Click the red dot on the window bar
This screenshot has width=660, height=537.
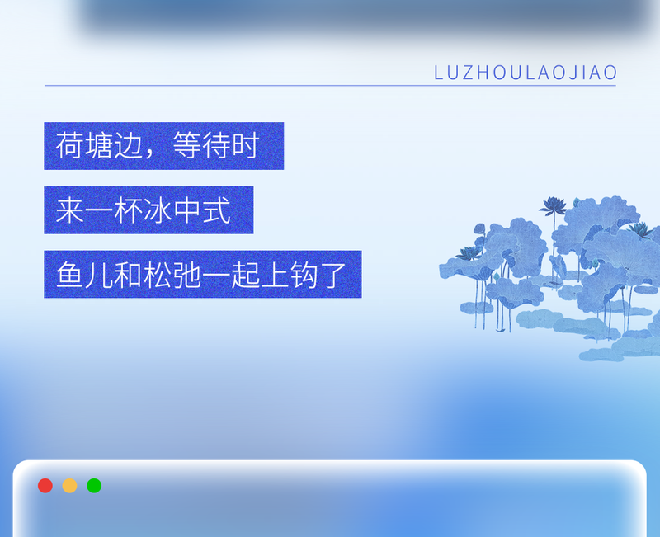[45, 485]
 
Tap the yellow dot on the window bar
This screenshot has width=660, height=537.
[70, 485]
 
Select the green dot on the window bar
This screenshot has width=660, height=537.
[94, 485]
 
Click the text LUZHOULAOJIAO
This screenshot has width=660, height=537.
[526, 73]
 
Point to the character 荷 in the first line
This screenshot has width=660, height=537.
[69, 147]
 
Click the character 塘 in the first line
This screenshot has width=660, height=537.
[99, 147]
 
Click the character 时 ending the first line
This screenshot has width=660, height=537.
[246, 147]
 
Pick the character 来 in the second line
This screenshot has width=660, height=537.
[69, 210]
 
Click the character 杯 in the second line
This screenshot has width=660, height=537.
[129, 210]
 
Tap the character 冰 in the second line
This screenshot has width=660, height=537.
[158, 210]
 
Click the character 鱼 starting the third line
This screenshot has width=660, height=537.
[69, 275]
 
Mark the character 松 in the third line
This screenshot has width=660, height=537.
[158, 275]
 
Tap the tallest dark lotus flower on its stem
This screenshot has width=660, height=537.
[553, 205]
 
